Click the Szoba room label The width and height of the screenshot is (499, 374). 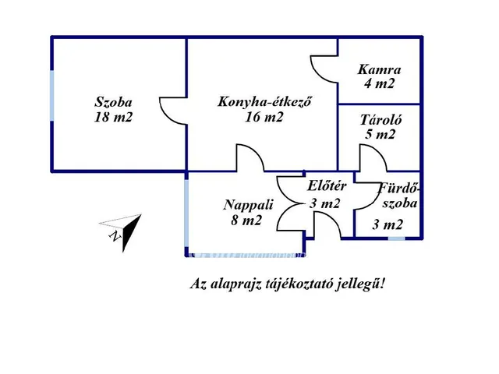pos(113,102)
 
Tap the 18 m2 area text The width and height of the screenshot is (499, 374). pos(113,118)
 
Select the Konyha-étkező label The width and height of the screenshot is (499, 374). pos(260,102)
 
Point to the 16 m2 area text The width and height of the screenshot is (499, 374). pos(264,118)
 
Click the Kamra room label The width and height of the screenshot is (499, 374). pos(379,69)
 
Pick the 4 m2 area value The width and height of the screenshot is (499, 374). pos(379,83)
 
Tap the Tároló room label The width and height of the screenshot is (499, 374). pos(380,120)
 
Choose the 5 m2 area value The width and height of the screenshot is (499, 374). pos(380,134)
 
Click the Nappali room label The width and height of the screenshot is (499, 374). pos(248,205)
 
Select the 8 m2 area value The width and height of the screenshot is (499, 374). pos(246,221)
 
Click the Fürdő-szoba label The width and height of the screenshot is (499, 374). pos(398,195)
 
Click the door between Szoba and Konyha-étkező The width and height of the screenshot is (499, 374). pos(174,111)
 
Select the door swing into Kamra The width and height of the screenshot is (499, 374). pos(324,69)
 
